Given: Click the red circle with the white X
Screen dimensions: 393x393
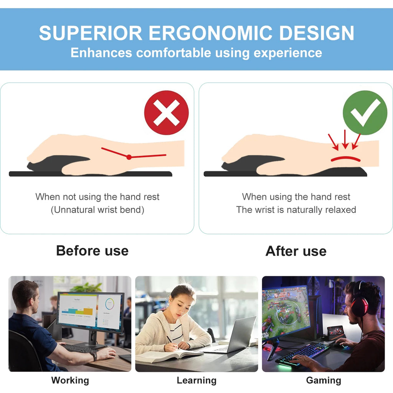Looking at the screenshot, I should click(x=166, y=112).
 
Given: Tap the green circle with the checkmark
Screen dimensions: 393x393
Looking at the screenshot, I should click(x=365, y=112).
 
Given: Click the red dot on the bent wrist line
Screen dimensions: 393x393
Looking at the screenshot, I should click(x=129, y=157).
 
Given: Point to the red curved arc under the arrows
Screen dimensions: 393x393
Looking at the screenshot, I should click(x=345, y=158).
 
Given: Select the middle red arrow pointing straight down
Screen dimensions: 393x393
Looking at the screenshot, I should click(x=345, y=139).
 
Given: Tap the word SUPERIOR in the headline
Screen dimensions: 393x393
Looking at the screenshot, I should click(x=91, y=33).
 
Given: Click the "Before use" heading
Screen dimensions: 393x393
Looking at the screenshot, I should click(x=92, y=251).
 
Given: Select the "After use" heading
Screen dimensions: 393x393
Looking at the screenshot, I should click(x=296, y=251).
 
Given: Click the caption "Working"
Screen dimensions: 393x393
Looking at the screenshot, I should click(x=70, y=380).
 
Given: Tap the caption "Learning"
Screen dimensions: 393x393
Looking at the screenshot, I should click(x=196, y=380).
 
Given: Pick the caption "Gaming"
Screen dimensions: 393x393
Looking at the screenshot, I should click(x=323, y=380).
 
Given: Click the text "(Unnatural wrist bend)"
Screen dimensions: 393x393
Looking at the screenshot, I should click(x=97, y=210).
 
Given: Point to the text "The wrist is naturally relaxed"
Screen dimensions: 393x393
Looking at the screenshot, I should click(x=296, y=210).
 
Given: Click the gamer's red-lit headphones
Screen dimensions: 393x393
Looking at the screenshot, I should click(x=359, y=300).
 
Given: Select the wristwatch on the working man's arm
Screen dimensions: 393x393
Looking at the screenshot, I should click(x=93, y=355).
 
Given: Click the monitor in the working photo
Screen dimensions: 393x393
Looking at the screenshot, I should click(x=91, y=312).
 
